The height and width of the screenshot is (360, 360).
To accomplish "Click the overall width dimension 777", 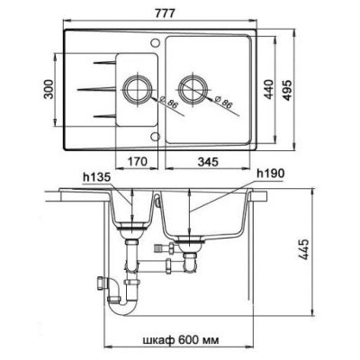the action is (165, 13).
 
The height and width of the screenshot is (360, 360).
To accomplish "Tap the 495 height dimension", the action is (287, 90).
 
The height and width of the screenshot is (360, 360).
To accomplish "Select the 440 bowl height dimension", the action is (269, 90).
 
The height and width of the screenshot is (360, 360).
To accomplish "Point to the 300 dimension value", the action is (49, 89).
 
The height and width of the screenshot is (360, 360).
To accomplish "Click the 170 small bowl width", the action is (137, 162).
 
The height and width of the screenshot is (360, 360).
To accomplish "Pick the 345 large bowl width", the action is (208, 162).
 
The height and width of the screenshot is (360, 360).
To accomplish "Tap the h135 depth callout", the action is (97, 177).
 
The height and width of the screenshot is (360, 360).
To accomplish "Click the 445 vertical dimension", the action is (304, 249).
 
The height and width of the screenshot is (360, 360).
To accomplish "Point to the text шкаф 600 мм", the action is (180, 340).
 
